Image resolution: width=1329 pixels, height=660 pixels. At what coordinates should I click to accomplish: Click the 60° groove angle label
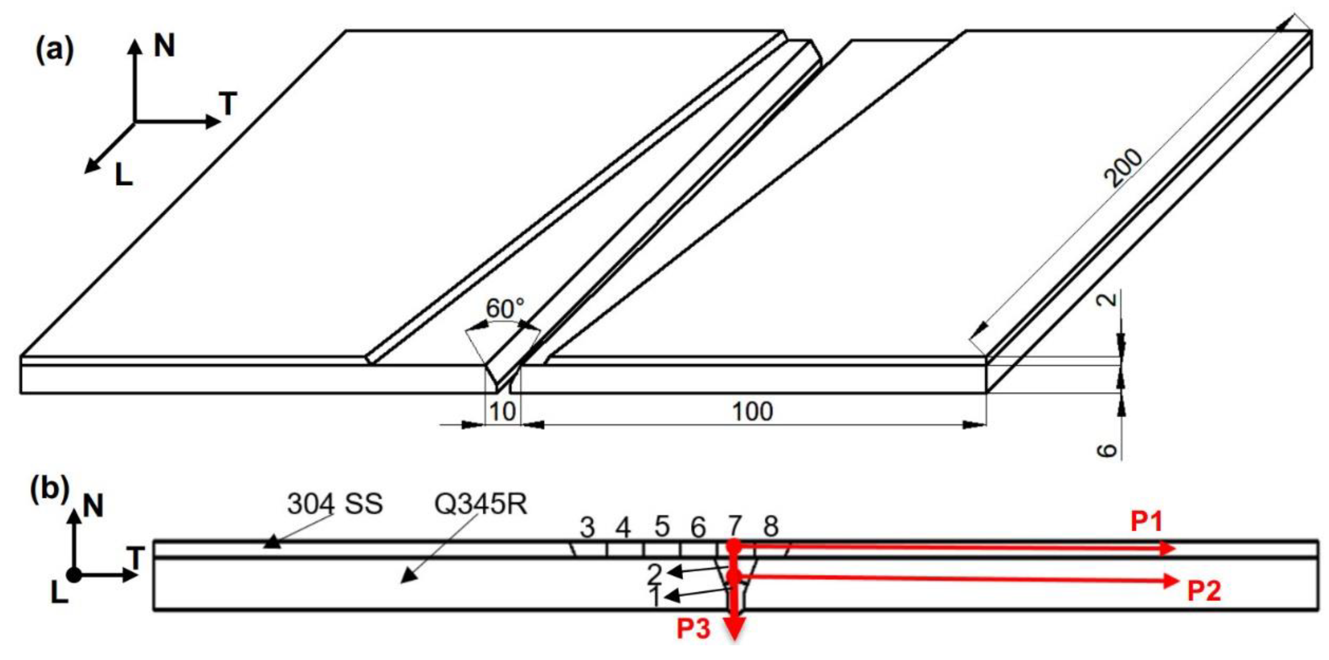[504, 309]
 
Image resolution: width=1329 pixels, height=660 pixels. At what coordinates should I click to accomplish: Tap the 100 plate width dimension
[753, 412]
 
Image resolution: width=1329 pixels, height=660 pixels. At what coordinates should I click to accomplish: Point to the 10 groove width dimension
[502, 412]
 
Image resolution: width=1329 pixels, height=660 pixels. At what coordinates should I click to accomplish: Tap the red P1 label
[1146, 522]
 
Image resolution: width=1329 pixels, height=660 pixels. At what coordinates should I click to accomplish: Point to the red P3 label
[693, 629]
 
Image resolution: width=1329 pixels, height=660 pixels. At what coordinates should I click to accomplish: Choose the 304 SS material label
[335, 504]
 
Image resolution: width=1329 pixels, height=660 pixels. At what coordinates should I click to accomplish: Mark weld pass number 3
[587, 528]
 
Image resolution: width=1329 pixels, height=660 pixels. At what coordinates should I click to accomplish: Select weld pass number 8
[771, 527]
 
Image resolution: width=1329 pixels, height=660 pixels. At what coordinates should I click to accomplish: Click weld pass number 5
[662, 527]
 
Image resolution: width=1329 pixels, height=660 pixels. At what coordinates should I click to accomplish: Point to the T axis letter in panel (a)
[228, 104]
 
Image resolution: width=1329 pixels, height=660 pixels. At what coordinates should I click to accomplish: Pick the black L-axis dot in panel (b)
[74, 575]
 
